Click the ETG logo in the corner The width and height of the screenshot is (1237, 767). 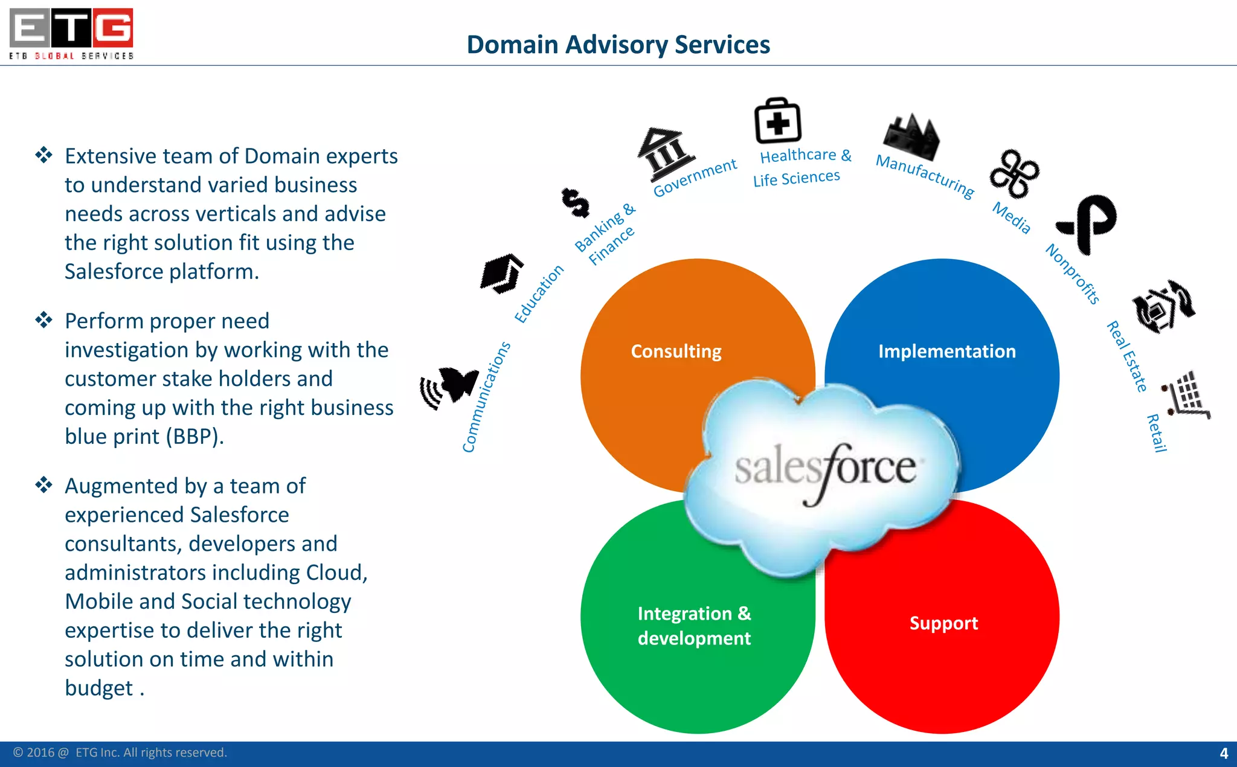point(71,33)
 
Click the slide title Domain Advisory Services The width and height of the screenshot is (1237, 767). point(618,45)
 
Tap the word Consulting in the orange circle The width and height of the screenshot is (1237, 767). point(676,351)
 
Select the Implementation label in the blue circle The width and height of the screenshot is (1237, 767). point(946,351)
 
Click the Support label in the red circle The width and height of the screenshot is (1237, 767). point(943,623)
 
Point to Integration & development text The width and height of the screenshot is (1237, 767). point(694,626)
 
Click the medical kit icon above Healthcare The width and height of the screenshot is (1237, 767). point(777,121)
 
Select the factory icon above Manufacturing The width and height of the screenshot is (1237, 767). point(911,136)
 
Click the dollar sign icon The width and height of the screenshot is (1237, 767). point(575,202)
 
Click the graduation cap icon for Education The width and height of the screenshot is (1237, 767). point(502,274)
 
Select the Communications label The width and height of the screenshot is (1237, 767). point(486,397)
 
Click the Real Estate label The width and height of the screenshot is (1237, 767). point(1127,356)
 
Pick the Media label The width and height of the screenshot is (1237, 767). point(1012,217)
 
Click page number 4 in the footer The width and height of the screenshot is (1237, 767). point(1224,753)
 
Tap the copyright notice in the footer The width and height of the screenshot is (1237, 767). point(120,753)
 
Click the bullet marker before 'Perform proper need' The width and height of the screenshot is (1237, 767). point(43,320)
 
